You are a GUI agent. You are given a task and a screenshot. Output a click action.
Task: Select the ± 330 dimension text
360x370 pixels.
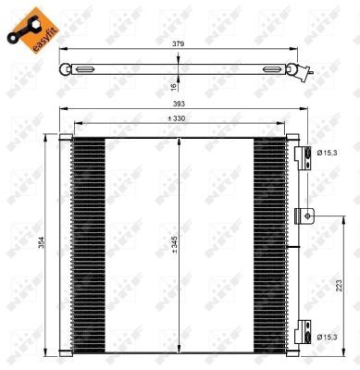178,118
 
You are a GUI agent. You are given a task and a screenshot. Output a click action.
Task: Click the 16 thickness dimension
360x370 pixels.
173,85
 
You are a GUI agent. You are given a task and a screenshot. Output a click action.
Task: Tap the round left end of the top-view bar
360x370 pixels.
65,69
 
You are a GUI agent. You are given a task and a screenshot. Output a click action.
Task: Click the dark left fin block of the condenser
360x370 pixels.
88,244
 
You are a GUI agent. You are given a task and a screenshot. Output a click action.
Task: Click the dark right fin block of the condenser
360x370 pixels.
269,244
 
